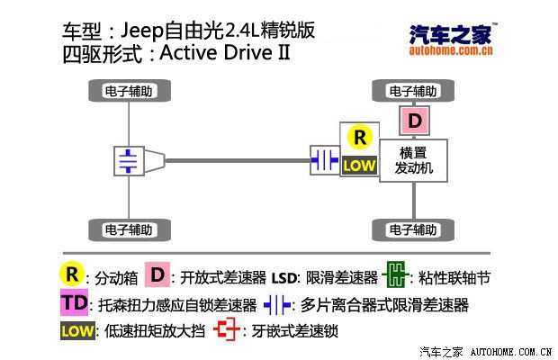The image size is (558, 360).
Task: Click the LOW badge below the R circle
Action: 359,165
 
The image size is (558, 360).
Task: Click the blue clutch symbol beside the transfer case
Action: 323,160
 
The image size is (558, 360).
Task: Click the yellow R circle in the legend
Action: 71,274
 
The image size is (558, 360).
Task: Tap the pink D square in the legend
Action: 157,274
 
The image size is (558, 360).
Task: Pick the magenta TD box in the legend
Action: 75,302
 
